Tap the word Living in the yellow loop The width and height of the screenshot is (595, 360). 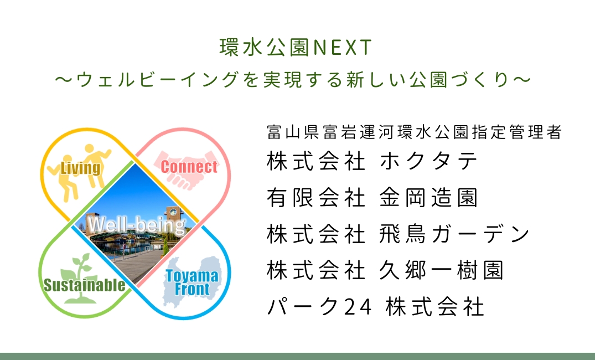(x=81, y=168)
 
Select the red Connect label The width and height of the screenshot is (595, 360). (x=189, y=167)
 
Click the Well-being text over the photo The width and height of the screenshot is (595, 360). (x=137, y=225)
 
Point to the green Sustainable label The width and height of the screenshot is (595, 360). (x=84, y=285)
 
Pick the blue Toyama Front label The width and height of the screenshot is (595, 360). (x=192, y=282)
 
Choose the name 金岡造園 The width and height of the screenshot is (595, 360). (x=428, y=198)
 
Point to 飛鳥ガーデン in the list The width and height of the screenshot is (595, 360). (x=454, y=234)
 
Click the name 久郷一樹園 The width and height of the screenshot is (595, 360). (x=441, y=270)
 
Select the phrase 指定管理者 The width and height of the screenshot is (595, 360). (x=517, y=132)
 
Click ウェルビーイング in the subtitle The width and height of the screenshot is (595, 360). (x=157, y=80)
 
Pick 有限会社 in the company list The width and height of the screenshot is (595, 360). (x=316, y=198)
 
